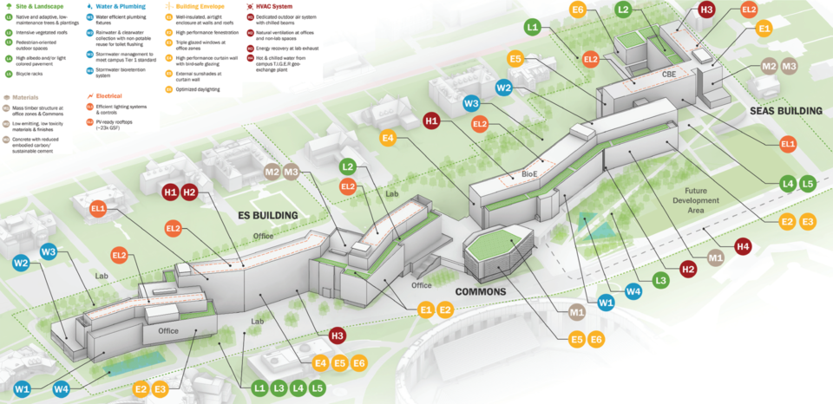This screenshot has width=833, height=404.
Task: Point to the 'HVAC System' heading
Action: point(275,6)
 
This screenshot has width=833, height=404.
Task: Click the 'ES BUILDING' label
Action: point(268,215)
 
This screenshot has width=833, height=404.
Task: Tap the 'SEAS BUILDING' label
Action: point(787,111)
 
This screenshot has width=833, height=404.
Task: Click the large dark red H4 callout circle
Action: point(743,248)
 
